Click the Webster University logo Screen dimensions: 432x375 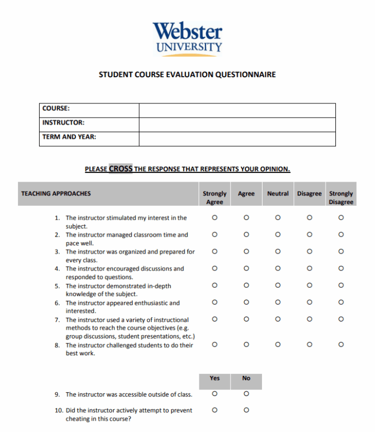tap(187, 38)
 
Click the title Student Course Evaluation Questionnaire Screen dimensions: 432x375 tap(187, 75)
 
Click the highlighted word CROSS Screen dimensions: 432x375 tap(121, 169)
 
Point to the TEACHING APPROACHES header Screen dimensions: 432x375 tap(56, 194)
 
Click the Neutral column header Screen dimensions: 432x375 tap(278, 194)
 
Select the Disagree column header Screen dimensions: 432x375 tap(309, 194)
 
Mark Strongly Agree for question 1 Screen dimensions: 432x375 tap(215, 218)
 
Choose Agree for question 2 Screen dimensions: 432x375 tap(246, 234)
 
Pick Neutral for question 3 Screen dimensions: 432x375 tap(278, 251)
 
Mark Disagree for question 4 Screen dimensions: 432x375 tap(309, 268)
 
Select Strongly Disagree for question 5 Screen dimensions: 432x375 tap(341, 285)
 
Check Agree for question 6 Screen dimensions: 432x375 tap(246, 302)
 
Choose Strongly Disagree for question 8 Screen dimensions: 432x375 tap(341, 344)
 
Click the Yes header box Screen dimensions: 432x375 tap(215, 378)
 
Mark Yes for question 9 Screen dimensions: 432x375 tap(215, 393)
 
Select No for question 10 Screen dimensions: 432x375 tap(246, 410)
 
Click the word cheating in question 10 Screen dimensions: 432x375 tap(79, 419)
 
